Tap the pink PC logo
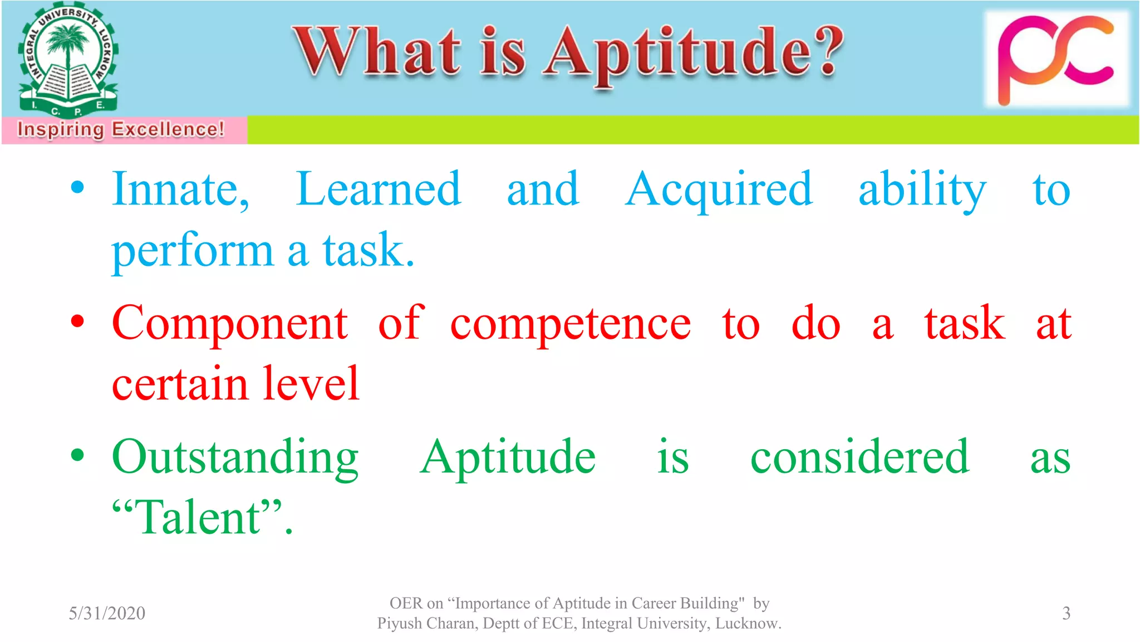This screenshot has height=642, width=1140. pyautogui.click(x=1056, y=59)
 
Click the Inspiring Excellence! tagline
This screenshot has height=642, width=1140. pyautogui.click(x=121, y=129)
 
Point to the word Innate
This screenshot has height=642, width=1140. pyautogui.click(x=179, y=189)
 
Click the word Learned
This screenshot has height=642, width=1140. pyautogui.click(x=379, y=189)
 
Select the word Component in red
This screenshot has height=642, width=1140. pyautogui.click(x=229, y=323)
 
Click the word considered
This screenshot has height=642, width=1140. pyautogui.click(x=859, y=457)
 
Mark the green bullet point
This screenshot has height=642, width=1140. pyautogui.click(x=78, y=455)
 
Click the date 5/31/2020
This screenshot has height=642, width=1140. pyautogui.click(x=107, y=613)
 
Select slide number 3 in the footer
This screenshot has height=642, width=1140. pyautogui.click(x=1066, y=613)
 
